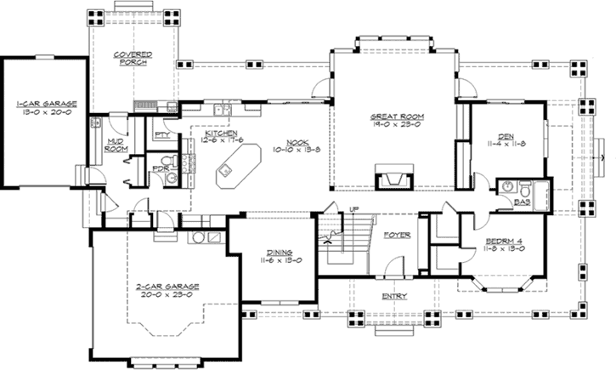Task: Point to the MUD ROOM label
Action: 115,145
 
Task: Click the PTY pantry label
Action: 161,136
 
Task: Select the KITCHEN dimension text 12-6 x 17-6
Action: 219,141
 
